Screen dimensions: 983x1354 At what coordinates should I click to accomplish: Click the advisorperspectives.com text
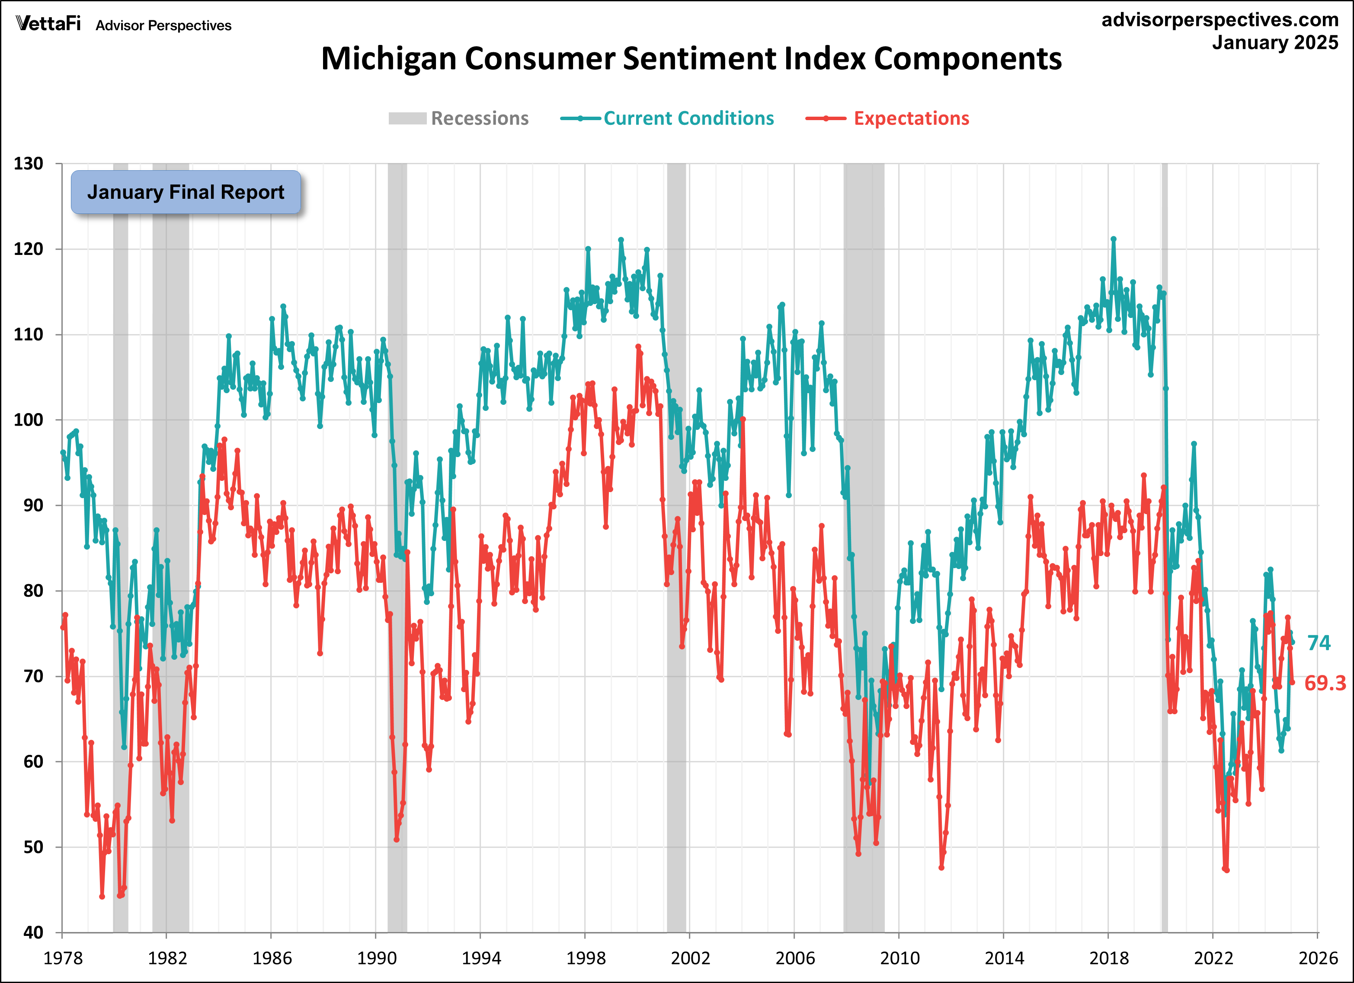(1220, 20)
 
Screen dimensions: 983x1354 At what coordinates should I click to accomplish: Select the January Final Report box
(186, 192)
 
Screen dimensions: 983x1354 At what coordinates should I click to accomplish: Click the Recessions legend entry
(458, 118)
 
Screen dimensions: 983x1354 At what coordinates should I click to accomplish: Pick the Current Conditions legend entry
(667, 118)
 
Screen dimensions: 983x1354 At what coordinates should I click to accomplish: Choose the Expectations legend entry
(888, 118)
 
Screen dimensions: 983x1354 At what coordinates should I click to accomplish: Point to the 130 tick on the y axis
(28, 163)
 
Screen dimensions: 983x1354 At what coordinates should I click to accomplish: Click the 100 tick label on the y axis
(28, 420)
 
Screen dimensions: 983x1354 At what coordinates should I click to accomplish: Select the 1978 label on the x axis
(63, 958)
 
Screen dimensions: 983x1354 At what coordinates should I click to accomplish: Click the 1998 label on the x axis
(585, 958)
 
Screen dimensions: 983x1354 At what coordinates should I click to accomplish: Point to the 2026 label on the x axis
(1318, 958)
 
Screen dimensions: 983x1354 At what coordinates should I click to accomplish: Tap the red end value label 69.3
(1325, 683)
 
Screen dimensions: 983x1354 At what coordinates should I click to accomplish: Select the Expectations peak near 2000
(638, 347)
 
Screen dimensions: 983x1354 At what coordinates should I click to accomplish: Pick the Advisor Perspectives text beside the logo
(163, 25)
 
